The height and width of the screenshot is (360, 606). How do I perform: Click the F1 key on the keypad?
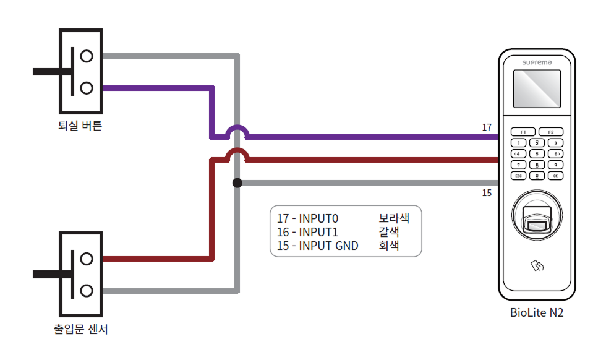[523, 132]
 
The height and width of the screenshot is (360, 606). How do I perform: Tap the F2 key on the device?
[550, 132]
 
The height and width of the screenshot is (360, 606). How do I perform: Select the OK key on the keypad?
[556, 176]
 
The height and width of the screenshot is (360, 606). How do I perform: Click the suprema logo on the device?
[537, 62]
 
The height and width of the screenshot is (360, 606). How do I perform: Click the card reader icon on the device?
[537, 266]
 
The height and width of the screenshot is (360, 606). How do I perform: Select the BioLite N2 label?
[537, 313]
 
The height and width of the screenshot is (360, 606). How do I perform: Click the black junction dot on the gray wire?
[237, 182]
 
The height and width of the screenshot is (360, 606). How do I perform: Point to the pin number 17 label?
[487, 127]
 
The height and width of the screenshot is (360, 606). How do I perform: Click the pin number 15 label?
[487, 193]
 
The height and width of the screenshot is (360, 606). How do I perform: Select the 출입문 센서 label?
[81, 329]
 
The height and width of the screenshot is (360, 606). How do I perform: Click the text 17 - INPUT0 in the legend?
[308, 218]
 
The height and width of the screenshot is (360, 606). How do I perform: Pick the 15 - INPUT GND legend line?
[318, 246]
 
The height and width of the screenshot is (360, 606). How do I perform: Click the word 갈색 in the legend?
[388, 232]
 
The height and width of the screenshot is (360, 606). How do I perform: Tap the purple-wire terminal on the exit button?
[87, 88]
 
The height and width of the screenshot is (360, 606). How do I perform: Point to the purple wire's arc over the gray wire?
[236, 131]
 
